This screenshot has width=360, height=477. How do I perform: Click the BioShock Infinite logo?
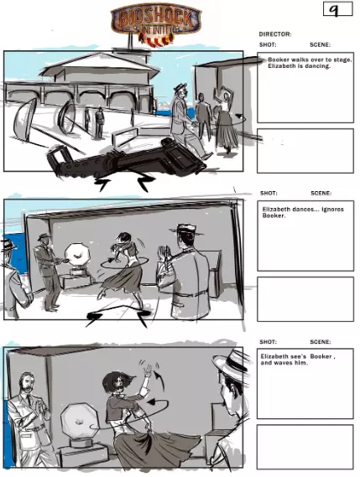[x=156, y=25]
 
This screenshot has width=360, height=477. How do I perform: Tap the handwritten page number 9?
[x=334, y=10]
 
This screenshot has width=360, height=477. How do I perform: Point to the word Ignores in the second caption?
[x=332, y=210]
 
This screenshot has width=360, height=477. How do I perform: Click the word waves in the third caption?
[x=280, y=363]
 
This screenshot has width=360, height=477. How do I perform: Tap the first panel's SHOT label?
[x=268, y=44]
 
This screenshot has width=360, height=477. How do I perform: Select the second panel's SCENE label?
[x=321, y=193]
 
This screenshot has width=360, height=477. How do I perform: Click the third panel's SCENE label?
[x=320, y=342]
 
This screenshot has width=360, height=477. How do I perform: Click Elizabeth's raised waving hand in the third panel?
[x=149, y=371]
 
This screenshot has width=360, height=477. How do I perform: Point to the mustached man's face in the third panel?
[x=27, y=384]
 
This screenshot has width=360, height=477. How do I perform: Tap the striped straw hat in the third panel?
[x=230, y=365]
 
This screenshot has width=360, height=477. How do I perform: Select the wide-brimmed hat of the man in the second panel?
[x=186, y=230]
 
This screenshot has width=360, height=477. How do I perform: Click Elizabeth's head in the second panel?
[x=123, y=239]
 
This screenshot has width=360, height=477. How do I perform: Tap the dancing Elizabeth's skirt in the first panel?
[x=226, y=132]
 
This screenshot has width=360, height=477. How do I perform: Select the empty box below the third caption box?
[x=305, y=447]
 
